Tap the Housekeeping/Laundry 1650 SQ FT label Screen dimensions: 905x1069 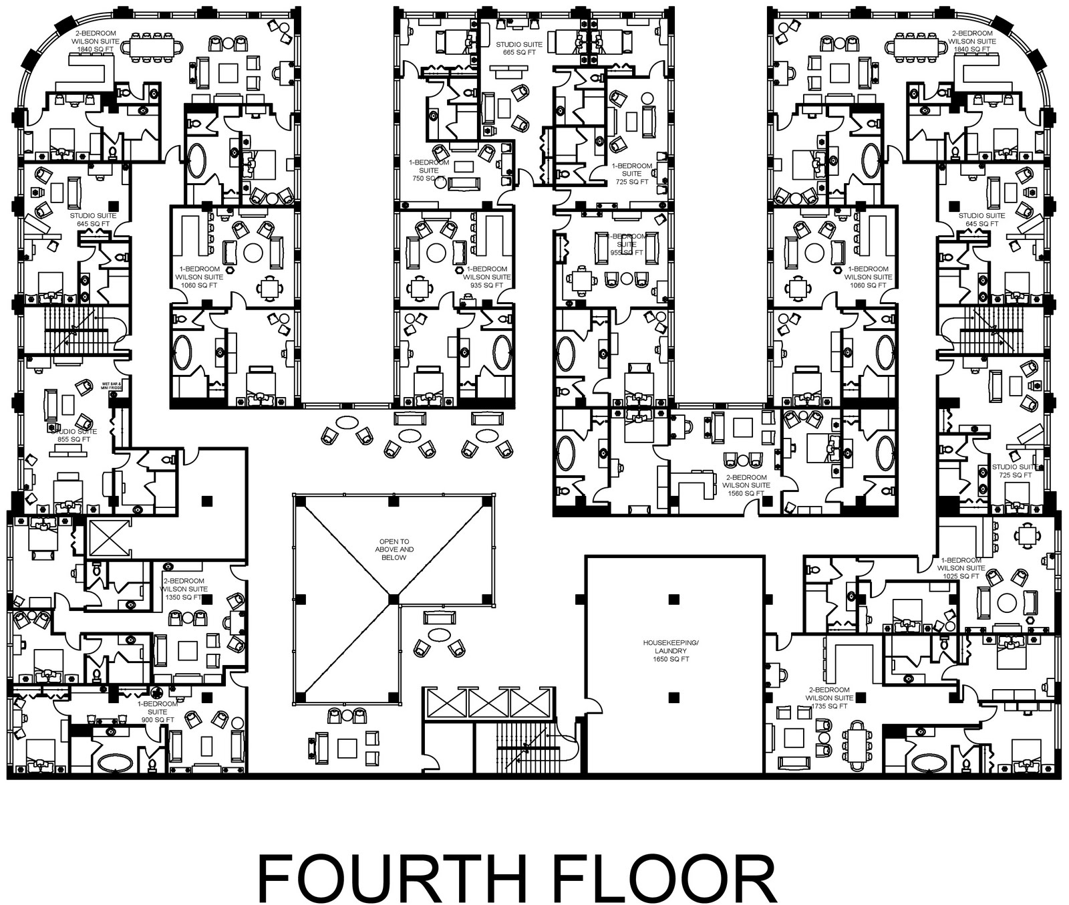pos(670,650)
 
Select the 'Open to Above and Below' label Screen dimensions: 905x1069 pos(394,549)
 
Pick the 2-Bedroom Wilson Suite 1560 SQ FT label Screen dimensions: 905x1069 pos(746,485)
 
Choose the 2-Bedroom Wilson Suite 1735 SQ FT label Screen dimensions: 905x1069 pos(829,698)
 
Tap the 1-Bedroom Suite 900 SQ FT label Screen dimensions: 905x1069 pos(158,712)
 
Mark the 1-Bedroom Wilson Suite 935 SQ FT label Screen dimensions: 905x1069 pos(486,277)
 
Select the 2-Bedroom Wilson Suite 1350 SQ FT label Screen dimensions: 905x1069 pos(184,589)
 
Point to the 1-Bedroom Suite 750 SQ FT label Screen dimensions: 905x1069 pos(428,170)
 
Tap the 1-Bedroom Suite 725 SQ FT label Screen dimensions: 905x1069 pos(631,174)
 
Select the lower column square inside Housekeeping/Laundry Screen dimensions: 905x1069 pos(674,698)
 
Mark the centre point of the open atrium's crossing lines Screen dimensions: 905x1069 pos(394,599)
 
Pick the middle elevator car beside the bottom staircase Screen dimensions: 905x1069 pos(489,703)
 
